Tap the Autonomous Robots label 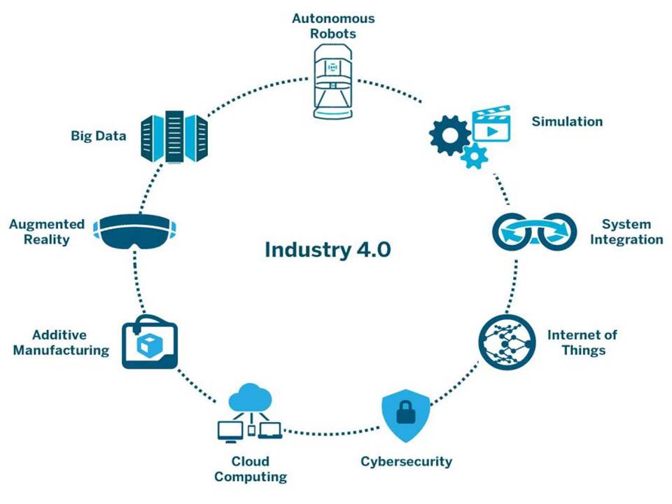pyautogui.click(x=333, y=25)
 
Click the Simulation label pyautogui.click(x=567, y=121)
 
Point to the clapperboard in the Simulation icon pyautogui.click(x=492, y=126)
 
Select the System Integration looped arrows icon pyautogui.click(x=535, y=231)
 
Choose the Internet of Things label pyautogui.click(x=582, y=342)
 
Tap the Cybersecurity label pyautogui.click(x=406, y=461)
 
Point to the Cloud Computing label pyautogui.click(x=251, y=469)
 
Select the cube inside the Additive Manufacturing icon pyautogui.click(x=150, y=344)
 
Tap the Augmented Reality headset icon pyautogui.click(x=136, y=232)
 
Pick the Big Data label pyautogui.click(x=99, y=136)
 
